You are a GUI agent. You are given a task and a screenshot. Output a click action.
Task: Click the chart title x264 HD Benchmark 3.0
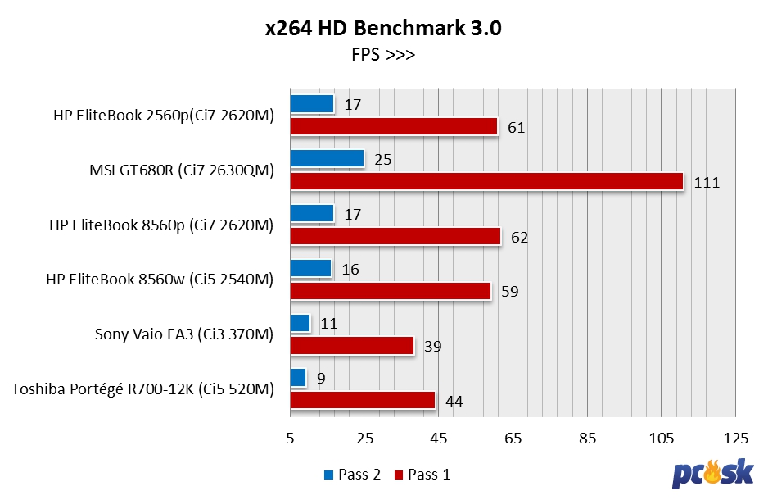click(x=383, y=29)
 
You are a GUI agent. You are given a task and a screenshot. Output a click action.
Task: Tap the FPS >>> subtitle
click(x=383, y=56)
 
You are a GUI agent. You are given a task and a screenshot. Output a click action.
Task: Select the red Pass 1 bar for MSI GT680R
click(x=486, y=181)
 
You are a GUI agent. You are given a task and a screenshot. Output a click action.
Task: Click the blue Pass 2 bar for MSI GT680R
click(x=327, y=158)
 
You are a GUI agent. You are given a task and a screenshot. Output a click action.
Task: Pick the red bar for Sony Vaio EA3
click(x=352, y=346)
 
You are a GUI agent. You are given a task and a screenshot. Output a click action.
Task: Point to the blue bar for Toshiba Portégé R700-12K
click(x=298, y=378)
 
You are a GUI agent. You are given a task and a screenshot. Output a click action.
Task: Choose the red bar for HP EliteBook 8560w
click(x=390, y=291)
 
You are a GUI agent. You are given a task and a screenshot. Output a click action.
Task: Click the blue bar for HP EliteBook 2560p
click(x=312, y=103)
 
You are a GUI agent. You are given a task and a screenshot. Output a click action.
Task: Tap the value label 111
click(x=707, y=183)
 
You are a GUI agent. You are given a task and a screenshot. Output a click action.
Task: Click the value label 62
click(x=520, y=238)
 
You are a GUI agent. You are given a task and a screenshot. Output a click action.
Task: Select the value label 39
click(x=433, y=347)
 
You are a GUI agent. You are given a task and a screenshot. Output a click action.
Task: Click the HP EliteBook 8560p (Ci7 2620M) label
click(x=160, y=225)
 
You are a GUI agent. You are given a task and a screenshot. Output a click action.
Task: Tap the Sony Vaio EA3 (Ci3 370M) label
click(x=183, y=334)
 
